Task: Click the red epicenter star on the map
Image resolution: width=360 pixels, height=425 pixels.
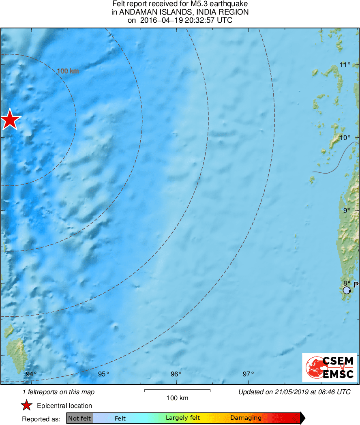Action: tap(10, 120)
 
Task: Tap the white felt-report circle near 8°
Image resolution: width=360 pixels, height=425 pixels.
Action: tap(347, 290)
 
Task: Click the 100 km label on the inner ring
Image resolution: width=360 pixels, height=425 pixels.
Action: tap(68, 71)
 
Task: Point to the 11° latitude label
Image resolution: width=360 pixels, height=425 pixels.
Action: tap(345, 64)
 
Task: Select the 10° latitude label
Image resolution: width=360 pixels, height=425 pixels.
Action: tap(345, 137)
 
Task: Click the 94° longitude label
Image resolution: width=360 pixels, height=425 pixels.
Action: tap(31, 374)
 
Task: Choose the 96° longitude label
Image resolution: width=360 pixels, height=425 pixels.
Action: tap(176, 374)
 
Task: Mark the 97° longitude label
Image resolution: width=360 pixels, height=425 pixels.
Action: tap(248, 374)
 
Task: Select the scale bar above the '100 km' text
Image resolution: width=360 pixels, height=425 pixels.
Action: tap(177, 391)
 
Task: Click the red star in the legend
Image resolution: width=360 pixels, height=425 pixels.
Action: tap(27, 405)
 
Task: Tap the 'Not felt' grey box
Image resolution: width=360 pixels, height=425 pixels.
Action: tap(80, 418)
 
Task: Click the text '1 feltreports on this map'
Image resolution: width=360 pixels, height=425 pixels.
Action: tap(58, 392)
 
